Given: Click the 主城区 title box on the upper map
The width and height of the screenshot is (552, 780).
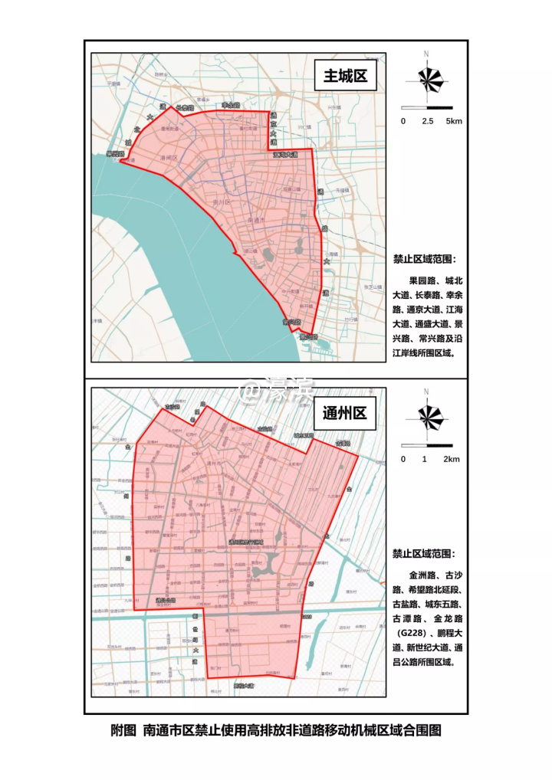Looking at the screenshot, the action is (x=346, y=77).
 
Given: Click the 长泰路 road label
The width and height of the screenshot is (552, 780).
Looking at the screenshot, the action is (x=186, y=108).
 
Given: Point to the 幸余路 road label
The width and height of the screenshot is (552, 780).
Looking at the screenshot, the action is (x=231, y=105).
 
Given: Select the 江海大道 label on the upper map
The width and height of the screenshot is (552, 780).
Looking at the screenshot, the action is (x=285, y=156).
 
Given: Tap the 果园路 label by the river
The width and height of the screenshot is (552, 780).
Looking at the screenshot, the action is (x=116, y=154).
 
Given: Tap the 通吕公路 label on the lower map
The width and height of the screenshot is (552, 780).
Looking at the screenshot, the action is (x=164, y=600).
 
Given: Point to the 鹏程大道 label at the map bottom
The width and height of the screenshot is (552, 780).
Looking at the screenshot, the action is (x=243, y=687).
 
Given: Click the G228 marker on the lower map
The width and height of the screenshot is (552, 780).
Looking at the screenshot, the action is (x=306, y=616).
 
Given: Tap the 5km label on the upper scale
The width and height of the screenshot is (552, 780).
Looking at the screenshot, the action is (x=454, y=122).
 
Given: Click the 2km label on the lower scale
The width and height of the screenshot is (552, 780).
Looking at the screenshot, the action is (x=452, y=459).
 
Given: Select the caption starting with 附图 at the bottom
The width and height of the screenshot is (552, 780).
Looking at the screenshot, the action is (x=276, y=731).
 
